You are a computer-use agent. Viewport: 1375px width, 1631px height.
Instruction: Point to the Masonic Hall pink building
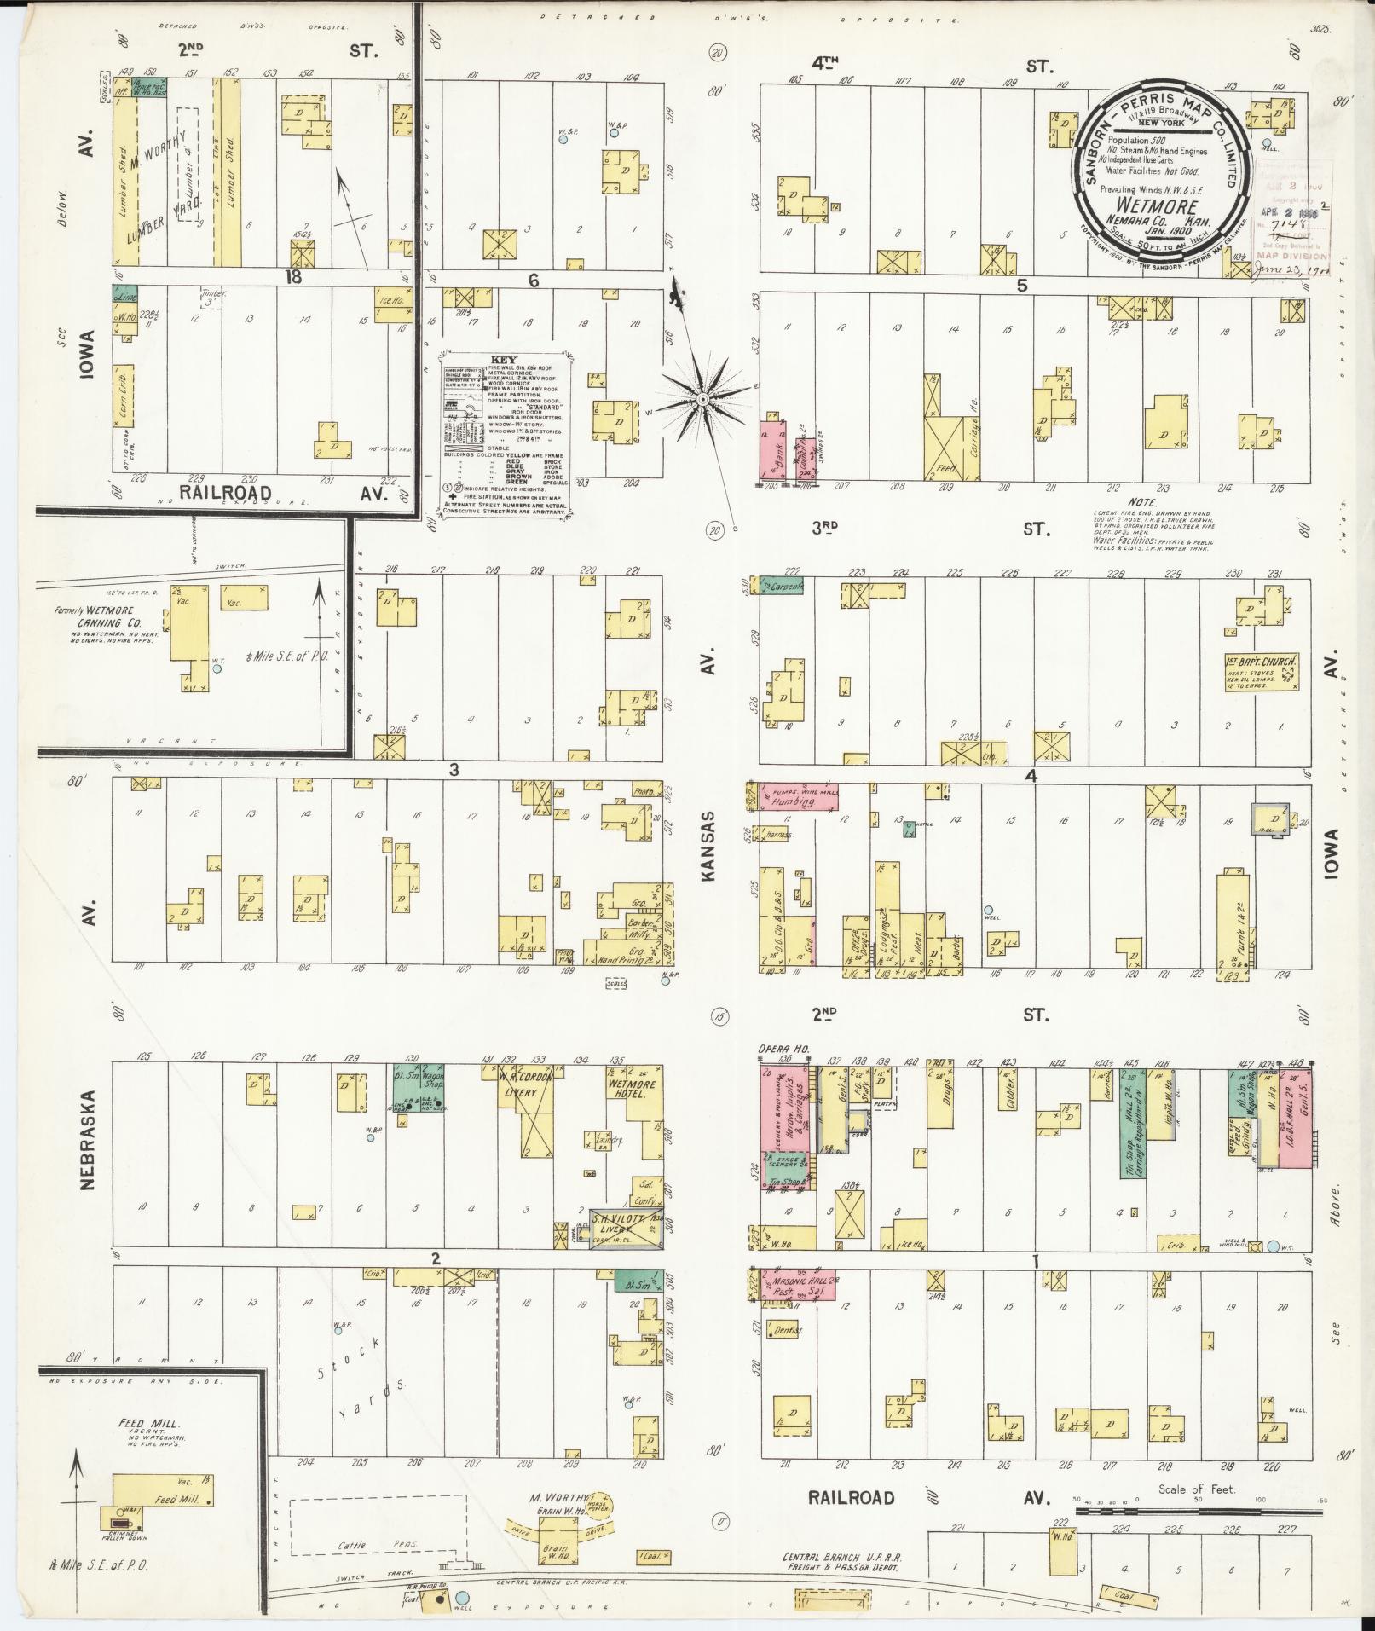pyautogui.click(x=796, y=1283)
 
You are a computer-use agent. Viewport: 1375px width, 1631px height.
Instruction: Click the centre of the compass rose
pyautogui.click(x=702, y=399)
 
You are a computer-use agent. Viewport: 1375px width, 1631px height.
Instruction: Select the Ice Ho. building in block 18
pyautogui.click(x=389, y=298)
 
